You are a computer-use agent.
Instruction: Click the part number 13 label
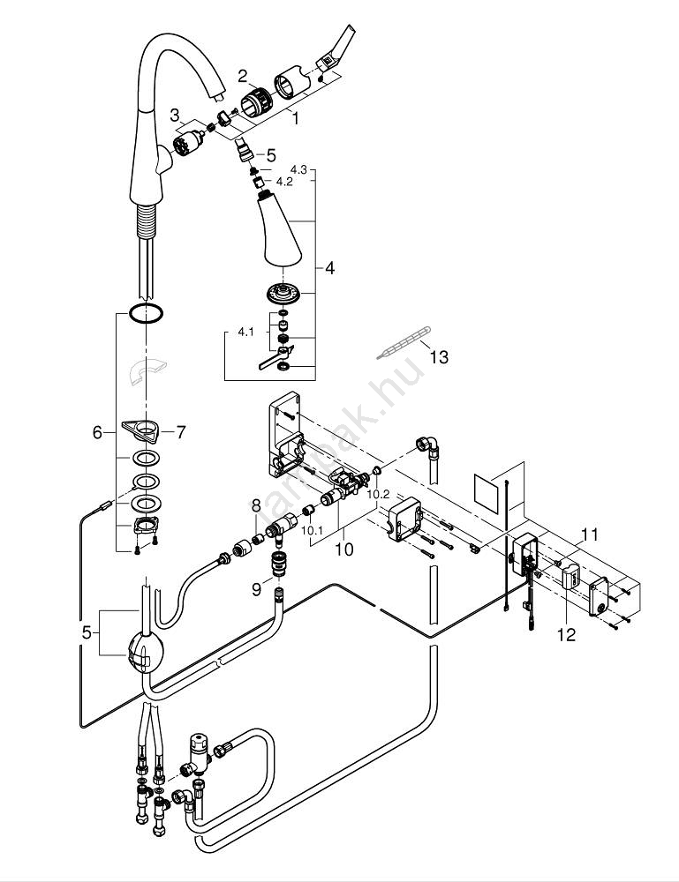(438, 356)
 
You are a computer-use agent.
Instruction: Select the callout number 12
(566, 634)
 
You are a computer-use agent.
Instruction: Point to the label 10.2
(379, 495)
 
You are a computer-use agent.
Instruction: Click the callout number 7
(180, 432)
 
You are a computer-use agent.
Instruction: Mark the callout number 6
(98, 432)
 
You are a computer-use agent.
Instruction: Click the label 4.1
(245, 333)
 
